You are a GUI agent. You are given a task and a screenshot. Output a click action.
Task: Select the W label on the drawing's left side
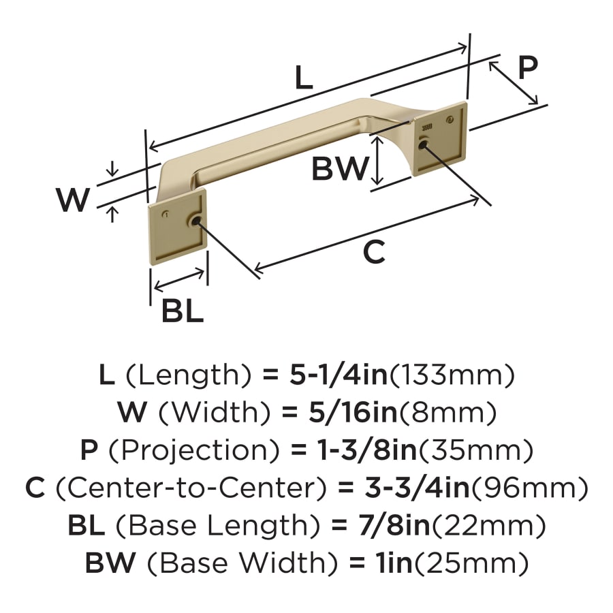73,200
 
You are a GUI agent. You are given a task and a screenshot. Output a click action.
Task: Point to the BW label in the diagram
339,169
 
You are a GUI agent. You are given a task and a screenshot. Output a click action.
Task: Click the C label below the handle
373,253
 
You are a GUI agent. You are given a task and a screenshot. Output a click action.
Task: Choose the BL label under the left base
182,311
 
